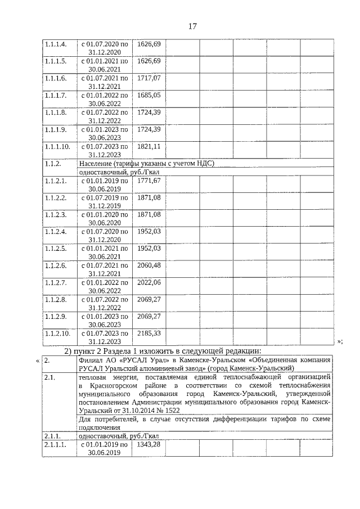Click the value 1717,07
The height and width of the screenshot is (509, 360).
(x=149, y=78)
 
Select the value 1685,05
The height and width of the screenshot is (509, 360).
(x=149, y=95)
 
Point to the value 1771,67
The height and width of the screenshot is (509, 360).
(x=149, y=181)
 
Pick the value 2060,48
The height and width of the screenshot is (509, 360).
(x=149, y=265)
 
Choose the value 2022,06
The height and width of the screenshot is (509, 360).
(x=149, y=282)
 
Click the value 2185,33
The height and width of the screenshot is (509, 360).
(x=149, y=333)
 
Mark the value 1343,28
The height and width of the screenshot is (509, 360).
(x=149, y=444)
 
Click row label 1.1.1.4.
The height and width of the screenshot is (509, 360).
(x=56, y=44)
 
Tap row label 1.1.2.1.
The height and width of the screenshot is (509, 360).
(x=56, y=181)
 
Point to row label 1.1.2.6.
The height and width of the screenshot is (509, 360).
(x=56, y=265)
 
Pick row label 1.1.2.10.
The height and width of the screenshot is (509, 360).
(x=58, y=333)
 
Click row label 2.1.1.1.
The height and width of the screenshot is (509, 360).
(x=56, y=444)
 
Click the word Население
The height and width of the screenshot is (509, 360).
(x=96, y=164)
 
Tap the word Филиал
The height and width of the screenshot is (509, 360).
(x=92, y=360)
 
